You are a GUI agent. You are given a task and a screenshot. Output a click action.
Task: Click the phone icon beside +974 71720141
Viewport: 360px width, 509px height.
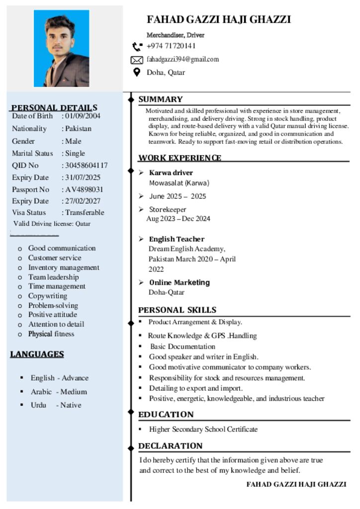pos(137,47)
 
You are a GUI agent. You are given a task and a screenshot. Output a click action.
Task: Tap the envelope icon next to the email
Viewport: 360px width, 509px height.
pos(137,60)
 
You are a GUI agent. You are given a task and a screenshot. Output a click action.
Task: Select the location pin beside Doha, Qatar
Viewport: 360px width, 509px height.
pos(137,73)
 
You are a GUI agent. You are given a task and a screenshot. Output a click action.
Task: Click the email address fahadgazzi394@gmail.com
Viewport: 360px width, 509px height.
pos(182,60)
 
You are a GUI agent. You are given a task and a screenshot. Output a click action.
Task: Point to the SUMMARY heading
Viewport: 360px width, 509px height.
pos(160,99)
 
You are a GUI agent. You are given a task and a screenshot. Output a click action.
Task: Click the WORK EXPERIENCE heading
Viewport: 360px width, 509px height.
pos(180,158)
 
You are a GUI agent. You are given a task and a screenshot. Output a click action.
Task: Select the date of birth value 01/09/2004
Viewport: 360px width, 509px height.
pos(83,116)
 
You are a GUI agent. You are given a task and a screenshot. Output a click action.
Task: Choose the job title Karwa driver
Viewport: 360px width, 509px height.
pos(171,173)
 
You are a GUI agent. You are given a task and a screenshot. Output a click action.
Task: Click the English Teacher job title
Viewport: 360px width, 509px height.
pos(177,239)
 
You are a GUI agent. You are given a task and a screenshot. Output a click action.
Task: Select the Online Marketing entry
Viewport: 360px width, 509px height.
pos(180,283)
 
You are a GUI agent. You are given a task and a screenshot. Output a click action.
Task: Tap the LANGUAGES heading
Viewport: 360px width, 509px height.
pos(37,354)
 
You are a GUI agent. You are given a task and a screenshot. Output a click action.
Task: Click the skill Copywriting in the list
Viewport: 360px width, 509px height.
pos(47,296)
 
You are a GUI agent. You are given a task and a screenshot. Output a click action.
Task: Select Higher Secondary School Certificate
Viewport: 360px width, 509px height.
pos(203,429)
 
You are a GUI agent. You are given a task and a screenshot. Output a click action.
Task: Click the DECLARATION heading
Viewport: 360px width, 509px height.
pos(170,446)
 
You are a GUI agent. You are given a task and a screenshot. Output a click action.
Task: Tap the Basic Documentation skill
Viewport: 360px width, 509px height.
pos(182,346)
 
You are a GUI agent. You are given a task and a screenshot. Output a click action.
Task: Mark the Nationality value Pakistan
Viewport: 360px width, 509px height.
pos(79,129)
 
